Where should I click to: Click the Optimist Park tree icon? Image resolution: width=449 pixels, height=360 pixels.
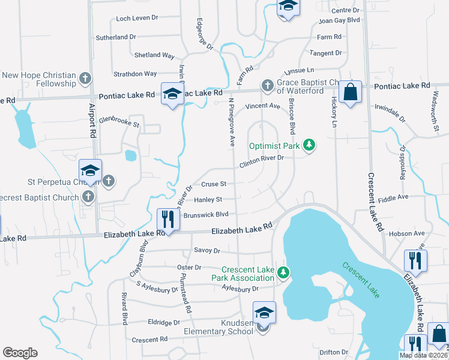309,145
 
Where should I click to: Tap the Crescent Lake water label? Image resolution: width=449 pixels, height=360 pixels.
361,280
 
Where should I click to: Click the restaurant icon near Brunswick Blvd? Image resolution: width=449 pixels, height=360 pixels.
168,219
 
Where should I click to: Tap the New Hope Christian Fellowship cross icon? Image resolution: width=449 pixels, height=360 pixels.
85,79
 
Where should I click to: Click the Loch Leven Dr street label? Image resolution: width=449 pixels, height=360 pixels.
137,19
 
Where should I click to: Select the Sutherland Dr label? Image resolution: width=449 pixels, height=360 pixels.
133,37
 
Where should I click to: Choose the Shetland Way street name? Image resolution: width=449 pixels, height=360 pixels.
155,55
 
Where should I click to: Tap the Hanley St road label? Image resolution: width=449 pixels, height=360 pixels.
208,199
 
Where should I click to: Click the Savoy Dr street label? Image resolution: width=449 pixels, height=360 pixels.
207,250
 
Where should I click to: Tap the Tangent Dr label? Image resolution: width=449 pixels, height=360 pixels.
326,53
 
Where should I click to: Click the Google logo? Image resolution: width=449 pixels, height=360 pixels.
20,353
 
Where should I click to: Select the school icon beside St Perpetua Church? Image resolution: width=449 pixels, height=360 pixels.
90,171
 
